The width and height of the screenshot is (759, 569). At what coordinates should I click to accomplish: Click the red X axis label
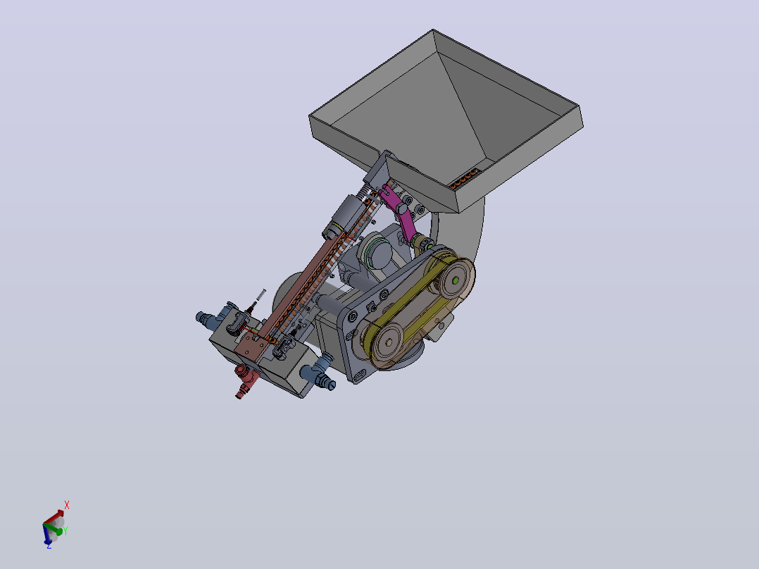coord(67,505)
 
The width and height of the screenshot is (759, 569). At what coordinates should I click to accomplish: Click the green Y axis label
coord(65,531)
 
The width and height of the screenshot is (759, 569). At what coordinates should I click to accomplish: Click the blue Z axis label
coord(49,546)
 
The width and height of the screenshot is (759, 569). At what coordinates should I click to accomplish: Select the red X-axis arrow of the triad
coord(54,517)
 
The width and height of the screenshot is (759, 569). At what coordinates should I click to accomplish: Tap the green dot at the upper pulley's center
coord(456,280)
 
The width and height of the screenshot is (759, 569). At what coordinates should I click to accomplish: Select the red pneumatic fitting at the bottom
coord(246,380)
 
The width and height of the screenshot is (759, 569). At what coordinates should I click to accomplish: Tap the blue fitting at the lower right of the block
coord(318,372)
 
